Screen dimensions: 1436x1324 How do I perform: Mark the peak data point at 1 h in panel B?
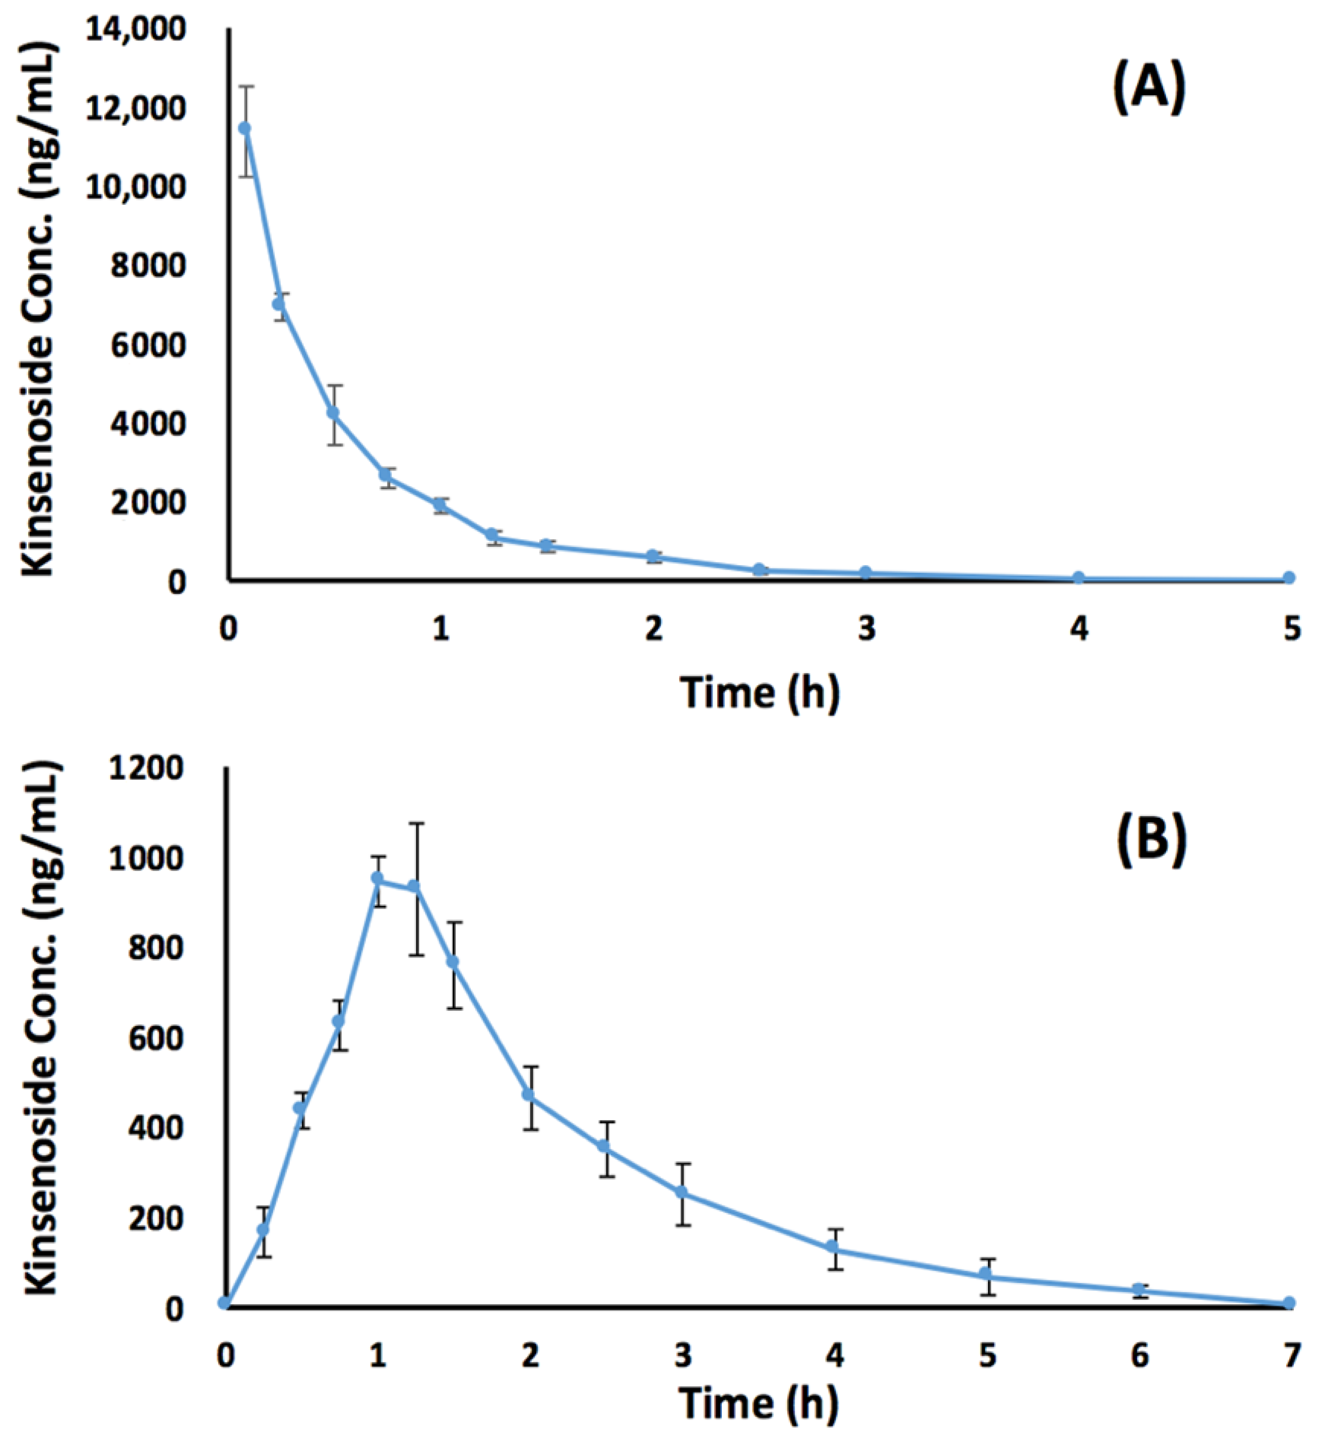click(378, 878)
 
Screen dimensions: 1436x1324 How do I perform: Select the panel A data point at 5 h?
click(1289, 578)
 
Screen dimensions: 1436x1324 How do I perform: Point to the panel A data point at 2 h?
click(652, 556)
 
